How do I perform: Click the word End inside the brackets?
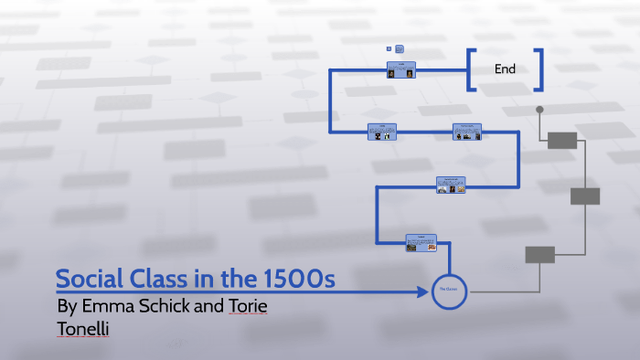(x=506, y=69)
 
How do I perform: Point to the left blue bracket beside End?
(x=470, y=69)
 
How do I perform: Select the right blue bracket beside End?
(x=540, y=69)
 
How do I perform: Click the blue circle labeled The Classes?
(x=449, y=291)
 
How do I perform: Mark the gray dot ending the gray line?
(x=539, y=110)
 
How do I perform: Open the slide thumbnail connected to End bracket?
(x=401, y=69)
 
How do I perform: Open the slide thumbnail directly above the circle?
(x=421, y=242)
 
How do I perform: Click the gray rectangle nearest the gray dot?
(x=562, y=140)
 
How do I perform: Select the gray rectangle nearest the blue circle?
(x=539, y=255)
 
